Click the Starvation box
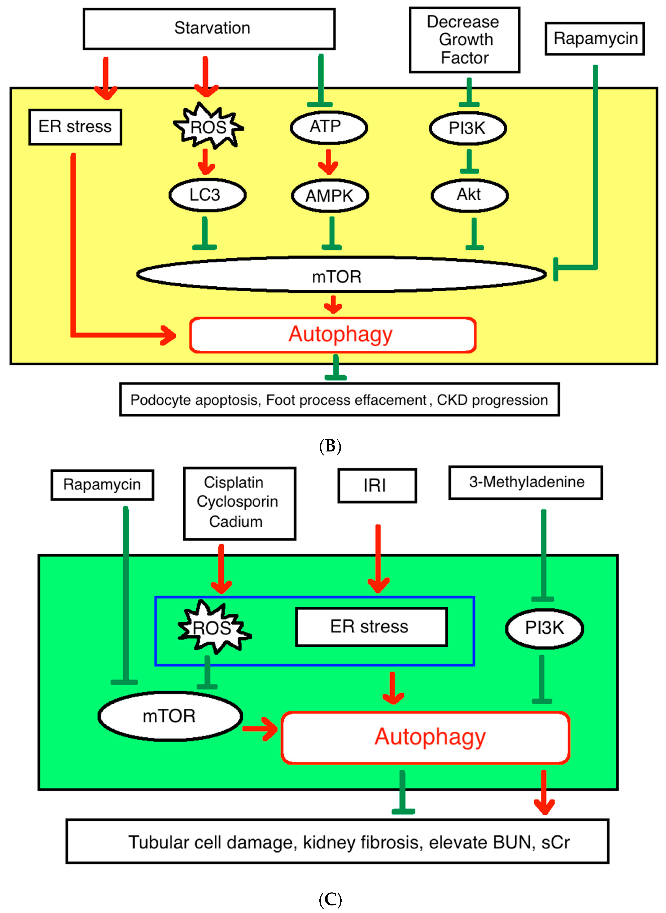[x=209, y=29]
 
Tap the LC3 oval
[x=207, y=195]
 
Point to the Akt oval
[x=470, y=195]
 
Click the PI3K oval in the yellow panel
[x=468, y=128]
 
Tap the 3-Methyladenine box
[x=526, y=482]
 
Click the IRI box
[x=377, y=485]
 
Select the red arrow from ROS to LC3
[x=206, y=162]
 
